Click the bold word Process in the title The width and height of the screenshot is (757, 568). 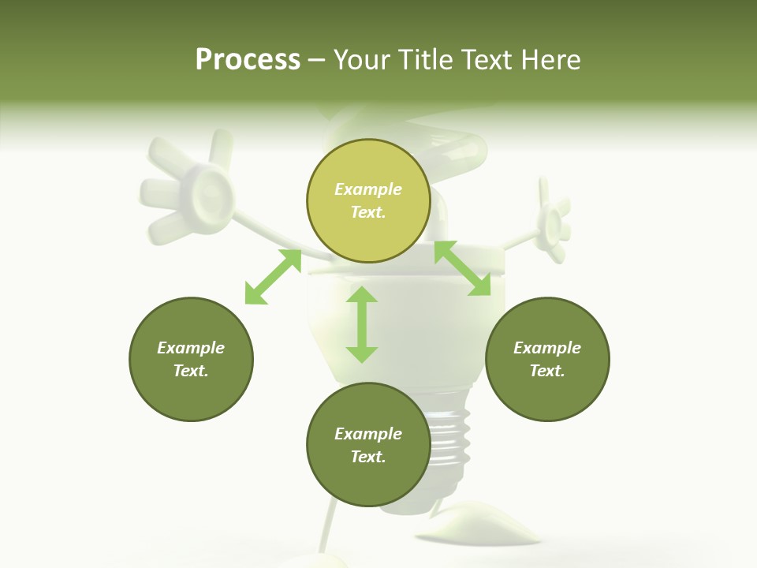click(248, 60)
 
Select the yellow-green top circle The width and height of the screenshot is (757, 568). click(368, 200)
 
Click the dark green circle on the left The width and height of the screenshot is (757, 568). click(191, 359)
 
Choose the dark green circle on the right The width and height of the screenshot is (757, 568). click(547, 359)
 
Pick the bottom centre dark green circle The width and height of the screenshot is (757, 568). click(368, 445)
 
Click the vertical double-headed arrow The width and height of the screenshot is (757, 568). click(362, 324)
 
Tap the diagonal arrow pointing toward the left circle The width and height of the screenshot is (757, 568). click(273, 277)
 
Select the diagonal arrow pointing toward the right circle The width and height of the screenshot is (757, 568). click(462, 268)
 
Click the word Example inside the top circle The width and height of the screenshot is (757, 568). click(368, 189)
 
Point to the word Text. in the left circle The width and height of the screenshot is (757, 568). click(191, 371)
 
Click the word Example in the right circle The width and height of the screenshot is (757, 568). click(547, 348)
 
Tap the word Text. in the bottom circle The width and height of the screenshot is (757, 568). click(368, 457)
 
